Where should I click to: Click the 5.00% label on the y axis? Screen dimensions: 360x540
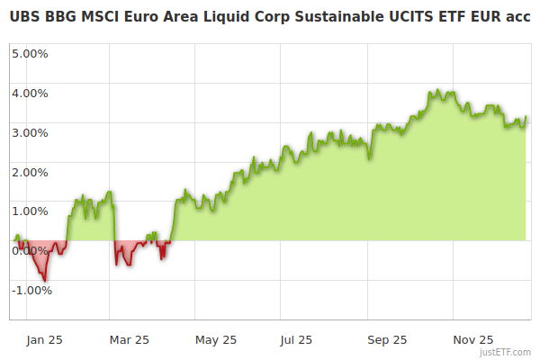pyautogui.click(x=30, y=53)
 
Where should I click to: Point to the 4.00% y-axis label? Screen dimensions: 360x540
pyautogui.click(x=30, y=93)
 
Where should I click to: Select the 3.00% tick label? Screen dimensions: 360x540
pyautogui.click(x=30, y=132)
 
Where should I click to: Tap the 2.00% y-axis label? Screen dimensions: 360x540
pyautogui.click(x=30, y=172)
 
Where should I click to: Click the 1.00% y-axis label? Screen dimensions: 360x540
pyautogui.click(x=30, y=211)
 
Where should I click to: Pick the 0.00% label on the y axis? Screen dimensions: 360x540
pyautogui.click(x=30, y=251)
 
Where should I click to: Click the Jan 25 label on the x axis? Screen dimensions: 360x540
pyautogui.click(x=44, y=339)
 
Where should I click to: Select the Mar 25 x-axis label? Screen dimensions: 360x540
pyautogui.click(x=129, y=339)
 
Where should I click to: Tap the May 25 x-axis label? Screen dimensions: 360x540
pyautogui.click(x=216, y=339)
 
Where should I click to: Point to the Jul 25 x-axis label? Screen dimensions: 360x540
pyautogui.click(x=296, y=339)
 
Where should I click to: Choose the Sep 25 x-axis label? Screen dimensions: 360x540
pyautogui.click(x=387, y=339)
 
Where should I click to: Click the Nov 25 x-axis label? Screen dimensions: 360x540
pyautogui.click(x=473, y=339)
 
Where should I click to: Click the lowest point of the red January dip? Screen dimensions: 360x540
pyautogui.click(x=45, y=281)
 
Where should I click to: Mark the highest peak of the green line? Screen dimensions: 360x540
pyautogui.click(x=437, y=90)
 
